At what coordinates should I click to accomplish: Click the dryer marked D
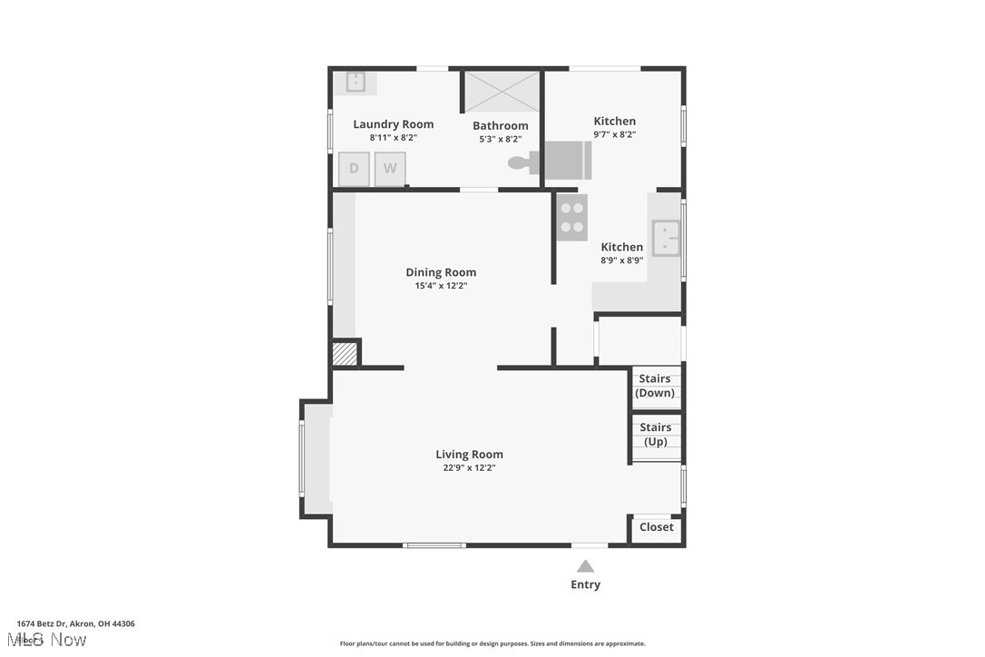point(354,169)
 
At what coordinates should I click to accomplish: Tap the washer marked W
point(390,169)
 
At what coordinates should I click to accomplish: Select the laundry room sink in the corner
point(356,81)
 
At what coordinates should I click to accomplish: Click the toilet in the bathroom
point(521,163)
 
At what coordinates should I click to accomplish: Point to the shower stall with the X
point(502,91)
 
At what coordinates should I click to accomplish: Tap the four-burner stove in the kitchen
point(571,218)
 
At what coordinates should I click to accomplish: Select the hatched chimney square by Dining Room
point(345,353)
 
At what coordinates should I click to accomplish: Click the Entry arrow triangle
point(586,566)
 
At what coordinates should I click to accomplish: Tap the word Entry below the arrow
point(585,584)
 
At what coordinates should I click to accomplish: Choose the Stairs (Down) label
point(655,386)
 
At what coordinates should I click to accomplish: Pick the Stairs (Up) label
point(656,435)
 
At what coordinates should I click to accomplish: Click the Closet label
point(657,527)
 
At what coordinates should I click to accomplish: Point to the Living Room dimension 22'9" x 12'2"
point(469,468)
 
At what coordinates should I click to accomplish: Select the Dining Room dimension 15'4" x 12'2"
point(441,286)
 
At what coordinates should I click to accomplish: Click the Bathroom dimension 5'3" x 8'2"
point(501,140)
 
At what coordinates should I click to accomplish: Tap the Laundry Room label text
point(393,124)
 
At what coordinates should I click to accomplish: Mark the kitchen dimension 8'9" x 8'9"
point(622,260)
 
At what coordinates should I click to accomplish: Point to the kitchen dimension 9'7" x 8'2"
point(615,134)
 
